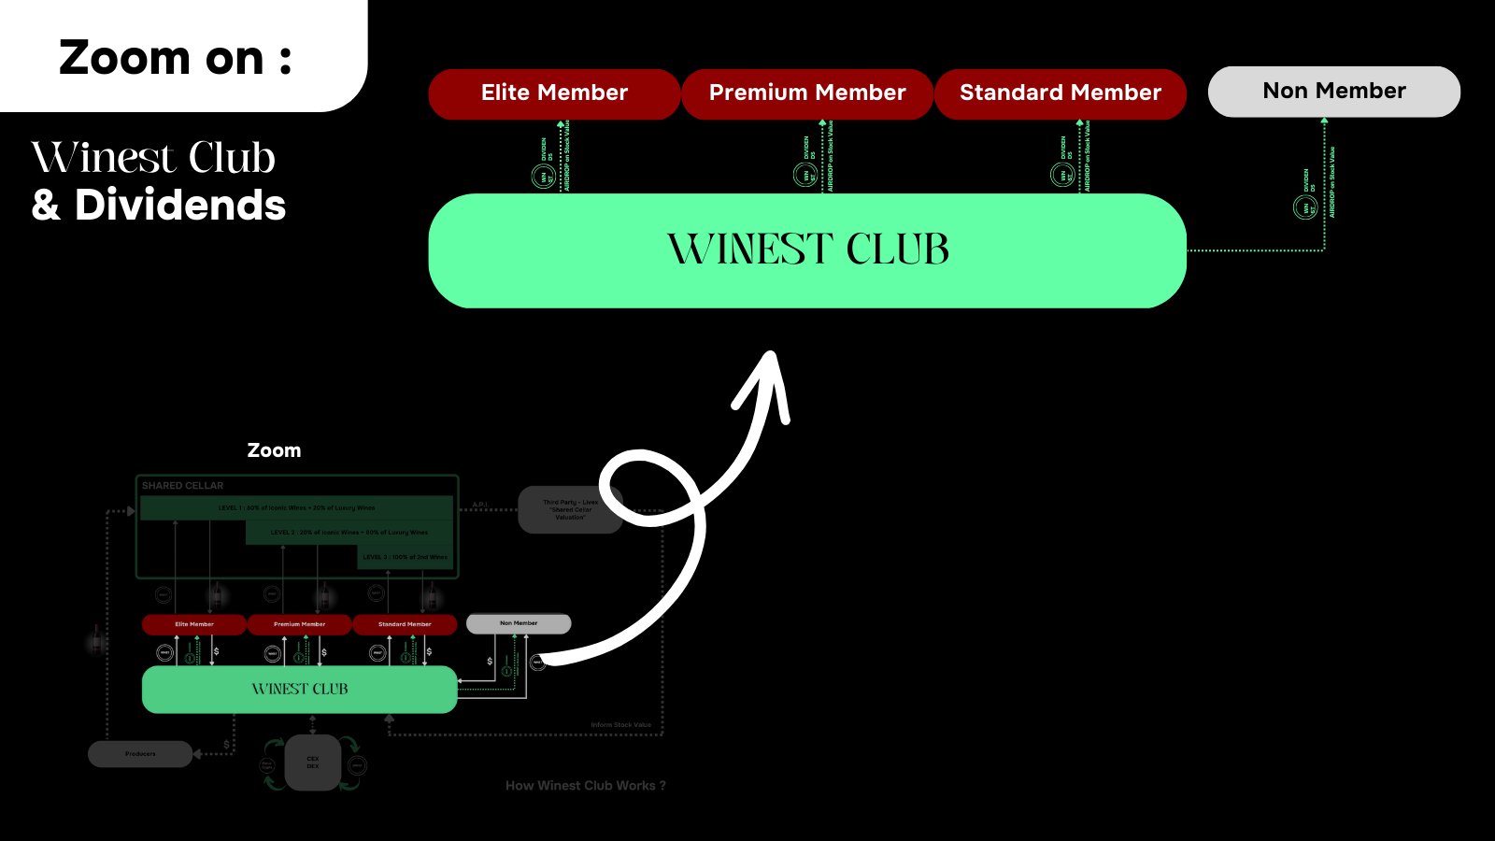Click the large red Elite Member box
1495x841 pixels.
tap(554, 93)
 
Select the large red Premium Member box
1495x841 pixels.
tap(807, 93)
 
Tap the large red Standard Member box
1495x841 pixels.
tap(1061, 93)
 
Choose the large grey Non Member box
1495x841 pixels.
tap(1333, 92)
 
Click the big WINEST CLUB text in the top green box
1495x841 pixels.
tap(808, 250)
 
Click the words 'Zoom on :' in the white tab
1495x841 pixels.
tap(176, 58)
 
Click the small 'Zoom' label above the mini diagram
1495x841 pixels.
tap(274, 450)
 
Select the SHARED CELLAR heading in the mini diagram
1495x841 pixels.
tap(183, 486)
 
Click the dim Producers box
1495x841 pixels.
tap(140, 754)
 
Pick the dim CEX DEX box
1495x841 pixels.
tap(313, 763)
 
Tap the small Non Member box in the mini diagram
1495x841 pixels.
tap(519, 623)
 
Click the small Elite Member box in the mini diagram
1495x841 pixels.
tap(194, 624)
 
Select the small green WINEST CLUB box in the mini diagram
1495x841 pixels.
tap(299, 690)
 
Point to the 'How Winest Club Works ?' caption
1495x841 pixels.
tap(586, 786)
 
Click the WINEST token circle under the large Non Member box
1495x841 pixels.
tap(1304, 207)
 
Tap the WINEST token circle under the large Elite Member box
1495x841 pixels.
tap(543, 176)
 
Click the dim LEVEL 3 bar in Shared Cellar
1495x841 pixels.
tap(406, 557)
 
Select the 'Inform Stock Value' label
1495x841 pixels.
tap(620, 725)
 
